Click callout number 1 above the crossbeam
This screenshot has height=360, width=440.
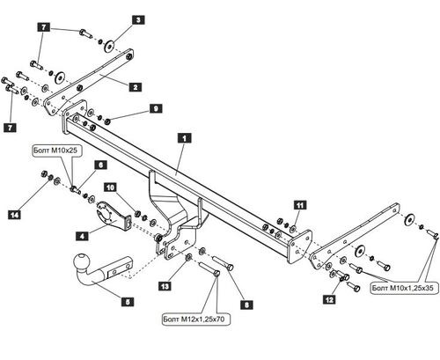click(x=184, y=138)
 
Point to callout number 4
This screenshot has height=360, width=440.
click(x=81, y=236)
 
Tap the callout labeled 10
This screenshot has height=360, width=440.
click(x=110, y=187)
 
